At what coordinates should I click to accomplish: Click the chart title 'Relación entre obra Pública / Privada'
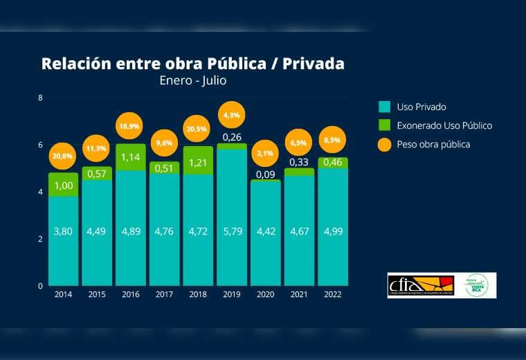point(193,64)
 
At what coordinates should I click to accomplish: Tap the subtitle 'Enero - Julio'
point(193,80)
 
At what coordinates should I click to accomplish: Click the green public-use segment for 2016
point(130,157)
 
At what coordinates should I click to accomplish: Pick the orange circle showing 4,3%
point(232,115)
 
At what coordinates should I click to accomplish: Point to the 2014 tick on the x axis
point(63,294)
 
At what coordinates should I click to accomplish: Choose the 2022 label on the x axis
point(333,294)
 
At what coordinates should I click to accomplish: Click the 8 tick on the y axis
point(40,98)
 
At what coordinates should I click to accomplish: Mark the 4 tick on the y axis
point(40,192)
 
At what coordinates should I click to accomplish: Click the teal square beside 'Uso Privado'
point(385,107)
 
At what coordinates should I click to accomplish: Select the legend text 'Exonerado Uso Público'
point(444,125)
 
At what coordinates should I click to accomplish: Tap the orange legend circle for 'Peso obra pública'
point(385,144)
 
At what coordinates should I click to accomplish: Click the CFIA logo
point(420,285)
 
